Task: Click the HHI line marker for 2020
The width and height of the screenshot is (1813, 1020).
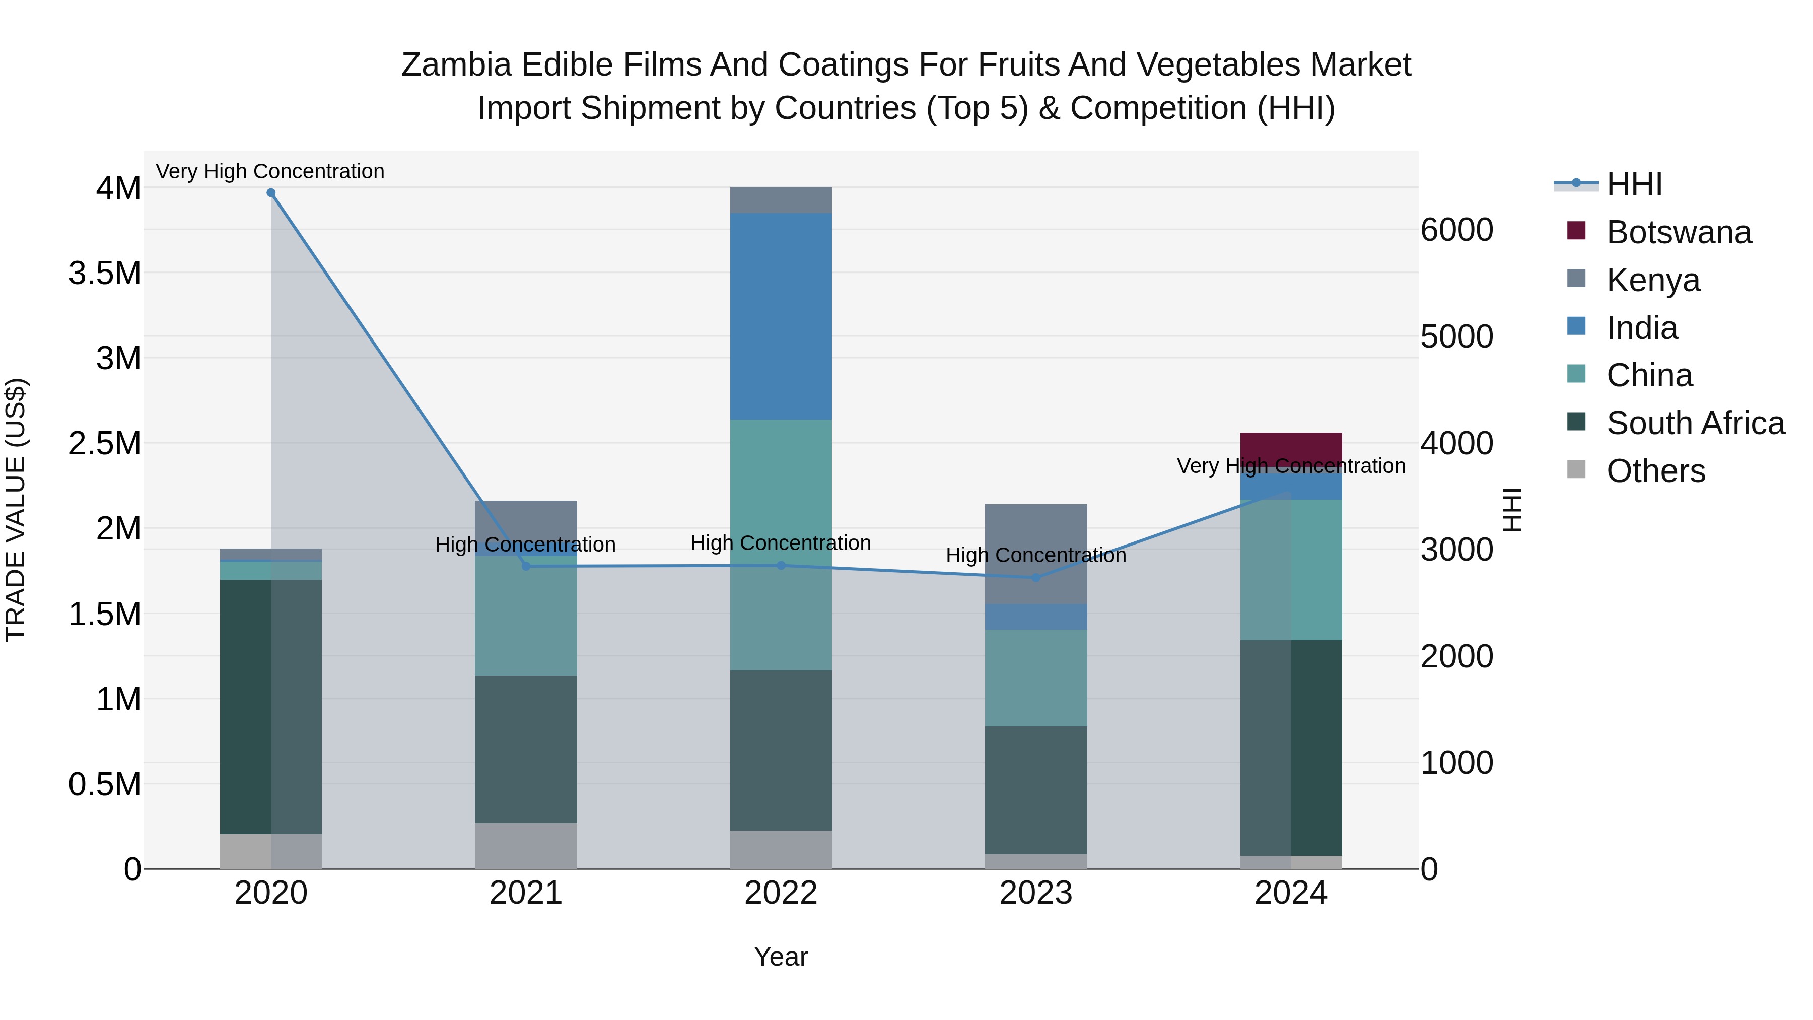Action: (x=271, y=193)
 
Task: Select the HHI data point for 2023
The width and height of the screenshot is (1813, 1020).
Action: (x=1035, y=578)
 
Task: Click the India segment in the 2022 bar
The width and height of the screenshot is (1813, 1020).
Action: (x=781, y=317)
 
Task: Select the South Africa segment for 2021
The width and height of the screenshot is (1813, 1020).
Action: (x=526, y=750)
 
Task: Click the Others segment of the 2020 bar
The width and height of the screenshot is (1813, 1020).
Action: (x=271, y=851)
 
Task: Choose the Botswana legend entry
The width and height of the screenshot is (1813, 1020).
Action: (x=1679, y=232)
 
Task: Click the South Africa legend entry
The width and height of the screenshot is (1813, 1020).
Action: (x=1695, y=423)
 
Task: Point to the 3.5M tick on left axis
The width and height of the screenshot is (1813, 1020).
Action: (x=105, y=273)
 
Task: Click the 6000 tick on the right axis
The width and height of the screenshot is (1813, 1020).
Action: (x=1456, y=230)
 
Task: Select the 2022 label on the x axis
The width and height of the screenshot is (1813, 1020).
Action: (x=781, y=893)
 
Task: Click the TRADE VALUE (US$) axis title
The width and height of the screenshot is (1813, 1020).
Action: (x=16, y=510)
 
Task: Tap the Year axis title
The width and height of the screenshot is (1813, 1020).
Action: (x=781, y=957)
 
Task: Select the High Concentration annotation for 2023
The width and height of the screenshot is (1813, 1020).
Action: (x=1035, y=556)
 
